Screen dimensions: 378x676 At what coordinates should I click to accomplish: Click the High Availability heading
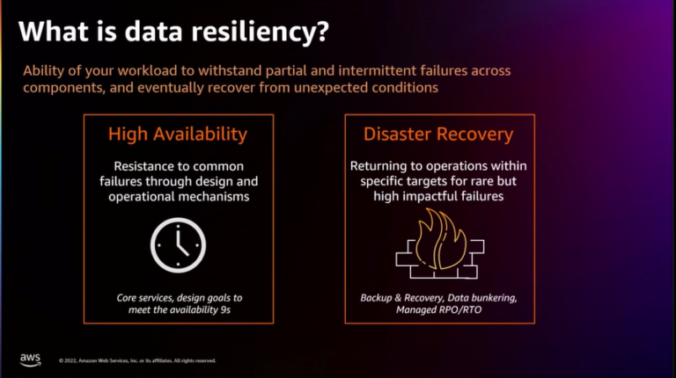(178, 134)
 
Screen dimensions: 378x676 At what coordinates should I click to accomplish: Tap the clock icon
(178, 243)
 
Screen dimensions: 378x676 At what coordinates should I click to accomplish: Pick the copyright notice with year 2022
(136, 360)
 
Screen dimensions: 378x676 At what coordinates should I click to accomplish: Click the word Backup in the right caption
(377, 298)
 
